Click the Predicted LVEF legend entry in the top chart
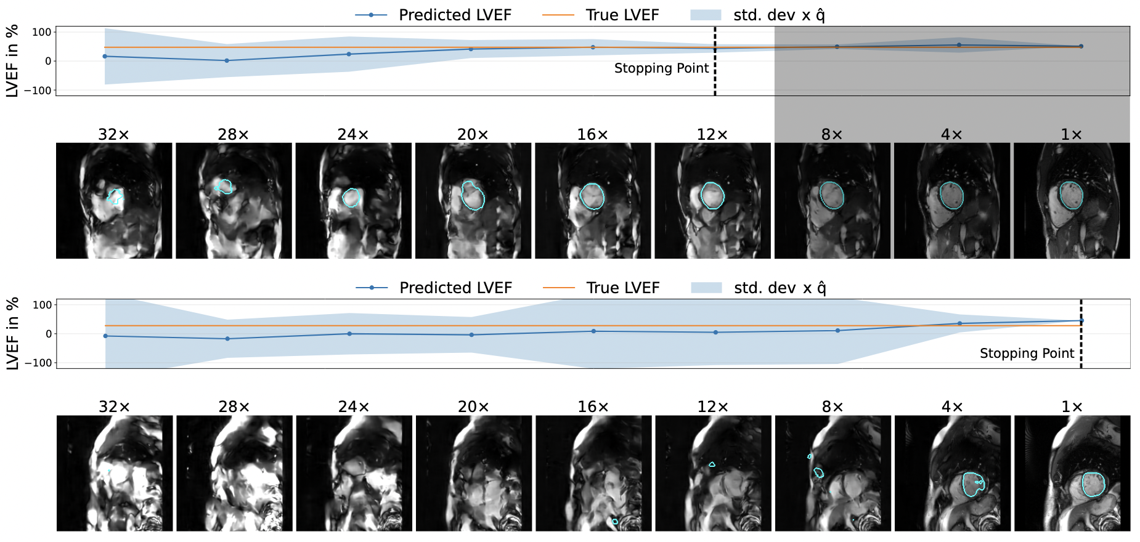455,15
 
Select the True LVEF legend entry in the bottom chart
622,288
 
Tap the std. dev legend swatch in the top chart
706,15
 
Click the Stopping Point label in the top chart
661,68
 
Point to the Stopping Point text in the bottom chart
1027,354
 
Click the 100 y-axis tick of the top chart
41,32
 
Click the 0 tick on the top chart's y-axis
48,61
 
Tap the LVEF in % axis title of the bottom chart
12,333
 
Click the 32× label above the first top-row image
113,134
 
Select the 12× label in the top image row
712,134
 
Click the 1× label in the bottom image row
1072,407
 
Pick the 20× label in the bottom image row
473,407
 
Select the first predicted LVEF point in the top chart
105,57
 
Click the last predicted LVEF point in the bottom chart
1081,320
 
